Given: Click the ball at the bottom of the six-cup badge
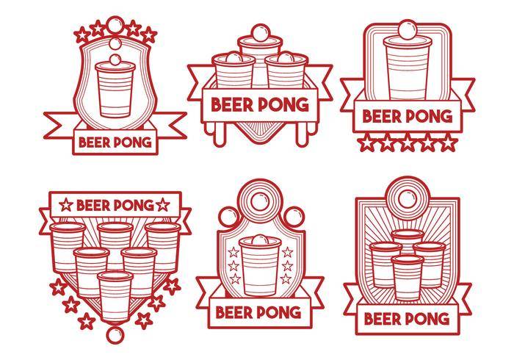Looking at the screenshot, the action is [115, 334].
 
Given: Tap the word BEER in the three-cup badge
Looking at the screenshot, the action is [232, 105].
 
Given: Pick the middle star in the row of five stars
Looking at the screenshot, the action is [407, 143].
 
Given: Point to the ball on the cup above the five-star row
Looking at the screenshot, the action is [408, 29].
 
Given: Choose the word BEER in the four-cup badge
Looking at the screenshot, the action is [383, 319].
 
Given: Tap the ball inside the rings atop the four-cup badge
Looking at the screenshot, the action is [407, 198].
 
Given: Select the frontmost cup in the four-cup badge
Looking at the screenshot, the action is [407, 278].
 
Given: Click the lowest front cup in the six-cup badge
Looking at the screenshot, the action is [115, 296].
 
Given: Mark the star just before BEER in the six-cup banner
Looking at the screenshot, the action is [66, 205].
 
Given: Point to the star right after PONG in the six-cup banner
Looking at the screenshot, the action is [162, 205].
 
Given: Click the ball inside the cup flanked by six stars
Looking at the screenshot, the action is [260, 240].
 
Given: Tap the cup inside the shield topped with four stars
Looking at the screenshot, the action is [115, 89].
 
